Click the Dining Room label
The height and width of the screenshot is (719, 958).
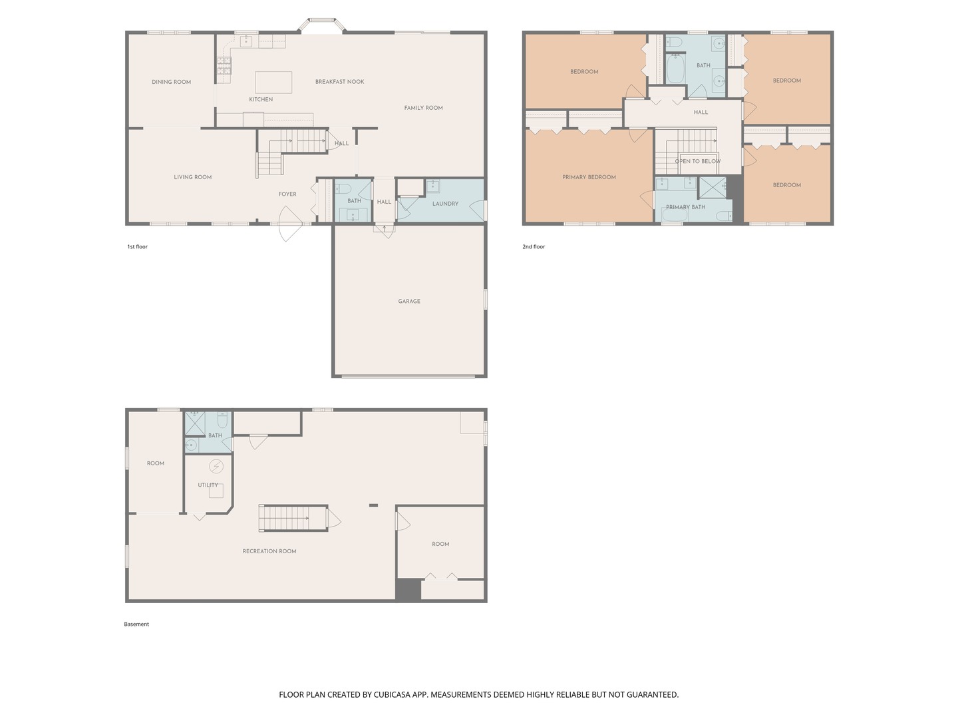click(x=171, y=82)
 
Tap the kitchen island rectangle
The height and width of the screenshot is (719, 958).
click(x=273, y=82)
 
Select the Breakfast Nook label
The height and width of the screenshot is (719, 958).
click(x=339, y=82)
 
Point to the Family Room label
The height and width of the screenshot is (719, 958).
click(x=423, y=108)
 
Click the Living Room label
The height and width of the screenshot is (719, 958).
click(x=192, y=177)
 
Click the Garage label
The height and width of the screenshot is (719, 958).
click(x=409, y=302)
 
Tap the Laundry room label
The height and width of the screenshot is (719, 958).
click(x=445, y=204)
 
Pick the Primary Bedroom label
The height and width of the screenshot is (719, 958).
click(x=589, y=177)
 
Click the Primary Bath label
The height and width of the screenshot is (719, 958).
click(x=685, y=207)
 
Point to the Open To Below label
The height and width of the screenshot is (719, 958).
click(x=697, y=161)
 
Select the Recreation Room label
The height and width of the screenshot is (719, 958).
click(x=269, y=551)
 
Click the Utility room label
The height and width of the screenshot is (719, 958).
click(x=208, y=485)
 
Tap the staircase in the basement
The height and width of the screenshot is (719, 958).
click(x=293, y=518)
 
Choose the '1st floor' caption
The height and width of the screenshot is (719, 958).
click(x=138, y=247)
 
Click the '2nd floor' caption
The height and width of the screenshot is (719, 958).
click(x=534, y=247)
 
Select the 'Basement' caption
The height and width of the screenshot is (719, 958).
click(x=136, y=624)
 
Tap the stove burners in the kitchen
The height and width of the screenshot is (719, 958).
click(x=224, y=65)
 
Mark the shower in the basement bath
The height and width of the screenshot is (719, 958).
click(x=194, y=423)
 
